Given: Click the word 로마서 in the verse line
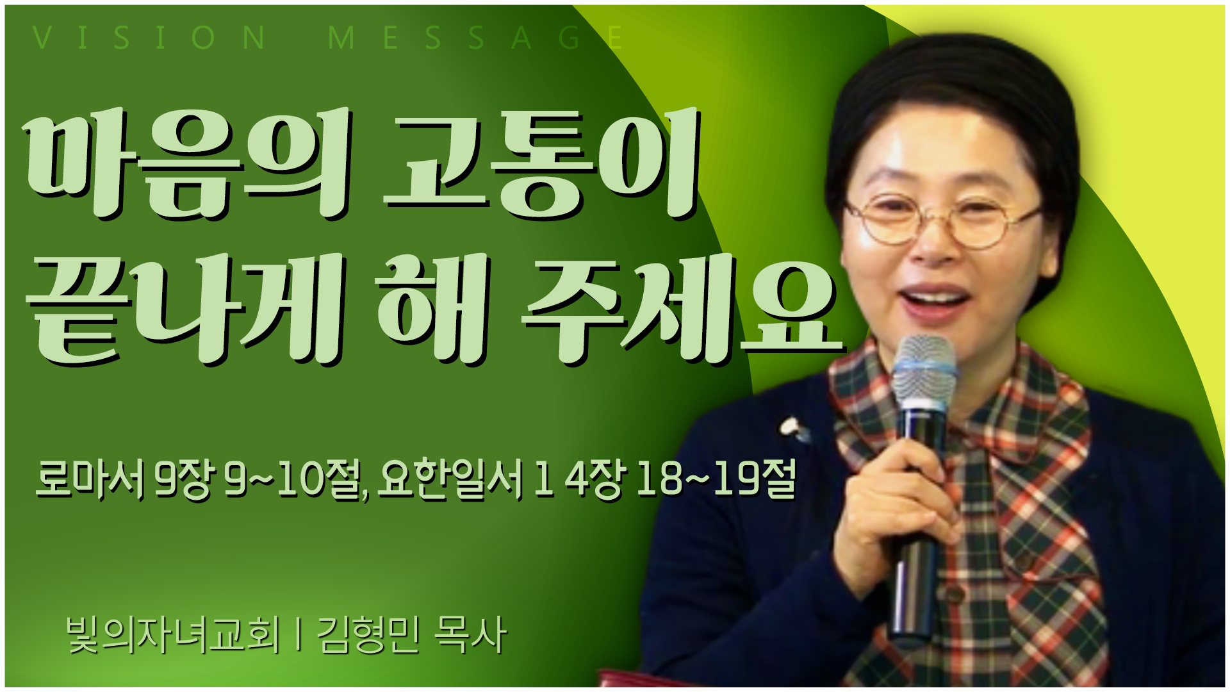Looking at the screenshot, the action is (x=90, y=479).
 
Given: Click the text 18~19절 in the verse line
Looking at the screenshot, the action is (x=716, y=479).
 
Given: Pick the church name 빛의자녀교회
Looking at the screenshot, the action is (x=174, y=635).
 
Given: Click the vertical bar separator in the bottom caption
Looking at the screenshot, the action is (x=299, y=635).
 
